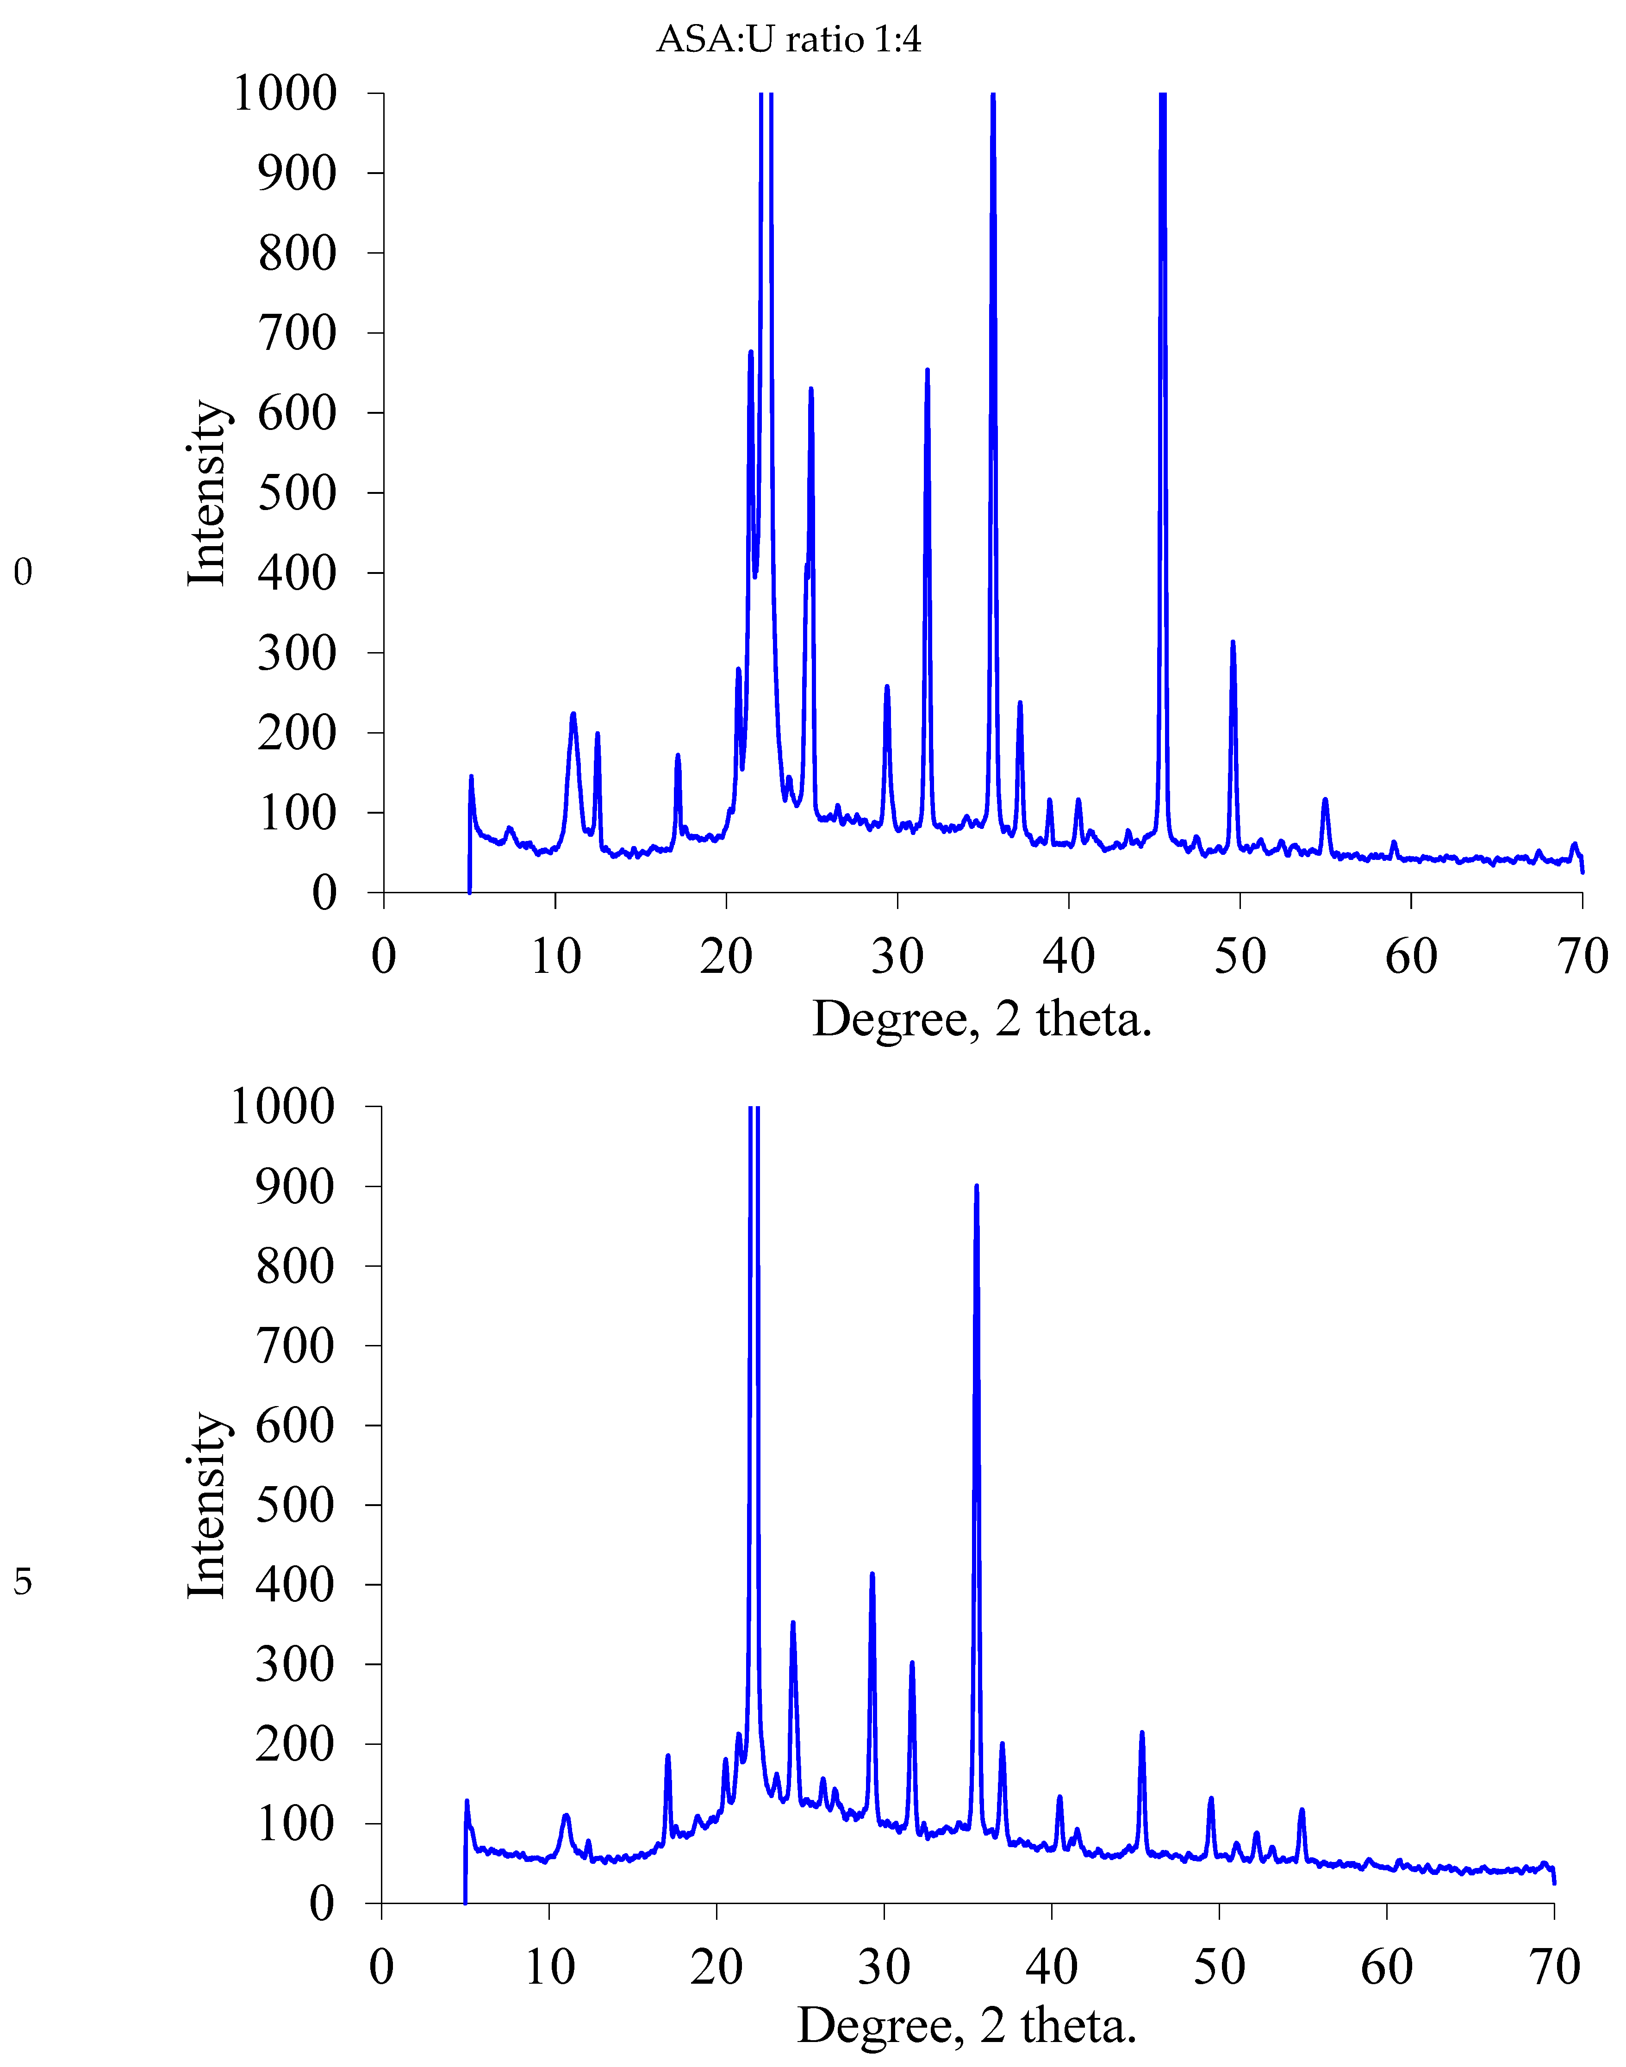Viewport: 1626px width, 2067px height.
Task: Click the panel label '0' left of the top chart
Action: (23, 572)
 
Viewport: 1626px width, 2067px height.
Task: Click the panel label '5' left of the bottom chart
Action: (23, 1582)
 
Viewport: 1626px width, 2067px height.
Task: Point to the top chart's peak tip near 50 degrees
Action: (1233, 643)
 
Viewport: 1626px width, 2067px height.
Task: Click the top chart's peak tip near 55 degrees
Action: (1324, 800)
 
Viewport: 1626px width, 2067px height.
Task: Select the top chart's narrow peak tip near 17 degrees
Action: (678, 756)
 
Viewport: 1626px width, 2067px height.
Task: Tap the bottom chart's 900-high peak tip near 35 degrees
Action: (976, 1186)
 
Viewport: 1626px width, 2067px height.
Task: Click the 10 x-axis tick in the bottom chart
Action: (549, 1967)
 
